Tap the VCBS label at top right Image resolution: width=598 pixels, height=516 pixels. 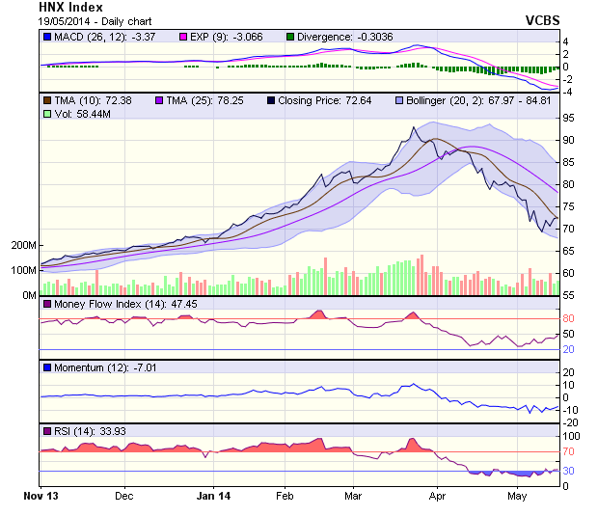(x=542, y=19)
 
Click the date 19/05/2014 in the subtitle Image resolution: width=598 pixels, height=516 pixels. (x=69, y=20)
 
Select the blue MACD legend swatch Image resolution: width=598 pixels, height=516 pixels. (x=46, y=37)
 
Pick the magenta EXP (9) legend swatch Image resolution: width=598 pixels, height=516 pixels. (x=182, y=37)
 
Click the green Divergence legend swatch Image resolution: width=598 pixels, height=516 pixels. (x=289, y=37)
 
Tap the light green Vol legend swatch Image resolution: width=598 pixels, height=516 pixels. (x=46, y=114)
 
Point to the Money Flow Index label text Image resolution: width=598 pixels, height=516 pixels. (x=107, y=305)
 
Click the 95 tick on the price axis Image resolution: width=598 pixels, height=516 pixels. (x=569, y=118)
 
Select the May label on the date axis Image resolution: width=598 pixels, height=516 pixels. (x=517, y=496)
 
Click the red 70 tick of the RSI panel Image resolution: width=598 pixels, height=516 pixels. (x=569, y=451)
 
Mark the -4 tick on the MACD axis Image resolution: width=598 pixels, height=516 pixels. (x=568, y=92)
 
